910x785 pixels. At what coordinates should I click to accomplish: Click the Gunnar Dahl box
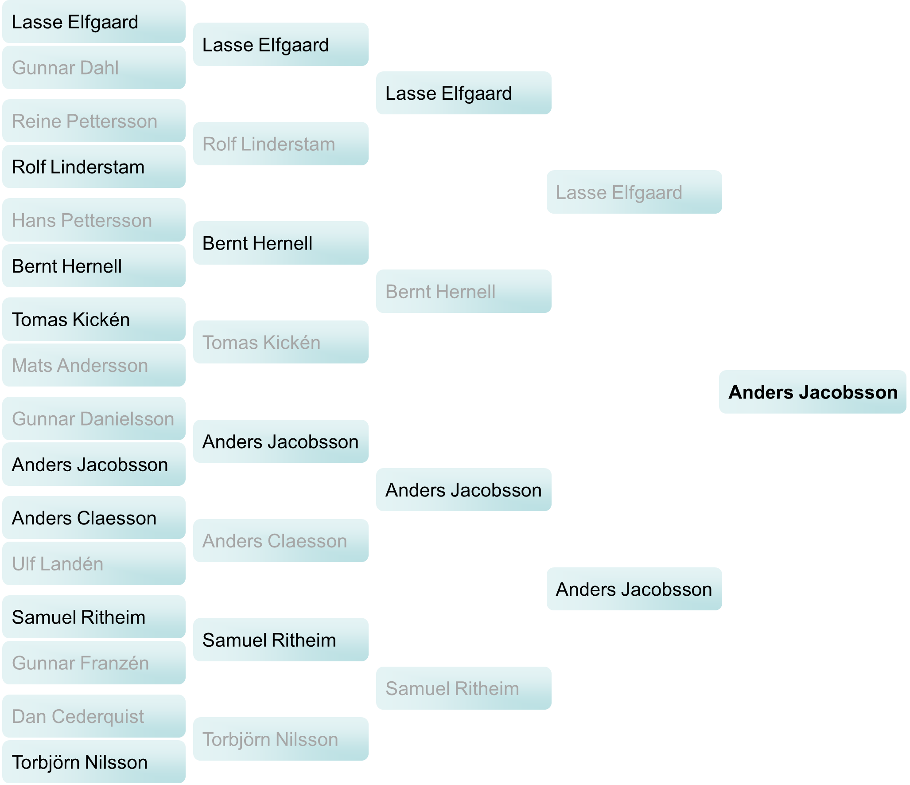click(x=93, y=68)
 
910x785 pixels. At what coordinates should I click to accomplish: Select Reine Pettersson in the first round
click(x=93, y=121)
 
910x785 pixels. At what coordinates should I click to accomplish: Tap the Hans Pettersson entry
click(x=93, y=220)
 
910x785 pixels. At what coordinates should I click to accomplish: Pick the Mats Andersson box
click(x=93, y=365)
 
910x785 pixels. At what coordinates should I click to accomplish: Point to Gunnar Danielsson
click(x=93, y=419)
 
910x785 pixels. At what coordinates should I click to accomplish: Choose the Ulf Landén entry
click(x=93, y=564)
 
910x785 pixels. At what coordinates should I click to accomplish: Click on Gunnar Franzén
click(x=93, y=663)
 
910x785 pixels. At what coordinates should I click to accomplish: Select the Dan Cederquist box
click(x=93, y=716)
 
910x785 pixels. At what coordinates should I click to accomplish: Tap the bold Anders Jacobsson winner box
click(x=812, y=392)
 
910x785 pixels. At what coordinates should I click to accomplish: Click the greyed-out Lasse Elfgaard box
click(x=634, y=192)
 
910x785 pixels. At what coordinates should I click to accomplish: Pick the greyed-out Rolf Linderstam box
click(x=280, y=144)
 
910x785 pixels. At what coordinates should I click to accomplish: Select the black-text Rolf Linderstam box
click(x=93, y=167)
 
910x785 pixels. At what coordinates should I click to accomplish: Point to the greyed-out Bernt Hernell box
click(x=463, y=292)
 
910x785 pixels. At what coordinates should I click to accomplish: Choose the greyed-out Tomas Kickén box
click(x=280, y=342)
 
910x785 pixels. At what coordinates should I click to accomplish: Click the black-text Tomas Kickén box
click(x=93, y=320)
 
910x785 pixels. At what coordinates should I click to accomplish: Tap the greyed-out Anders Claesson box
click(x=280, y=541)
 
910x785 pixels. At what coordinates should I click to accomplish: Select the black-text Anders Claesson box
click(x=93, y=518)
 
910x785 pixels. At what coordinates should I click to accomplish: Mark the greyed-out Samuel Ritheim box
click(x=463, y=688)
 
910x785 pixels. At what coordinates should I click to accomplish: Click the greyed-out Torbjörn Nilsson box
click(x=280, y=739)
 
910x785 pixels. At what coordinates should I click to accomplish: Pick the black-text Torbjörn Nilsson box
click(x=93, y=762)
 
